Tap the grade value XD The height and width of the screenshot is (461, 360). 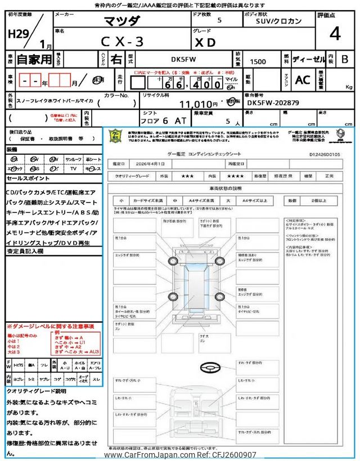coord(205,41)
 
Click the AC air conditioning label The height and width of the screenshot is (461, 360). coord(303,80)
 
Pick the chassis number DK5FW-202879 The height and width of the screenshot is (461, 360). coord(273,104)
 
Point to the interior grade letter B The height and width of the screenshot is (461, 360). coord(344,59)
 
